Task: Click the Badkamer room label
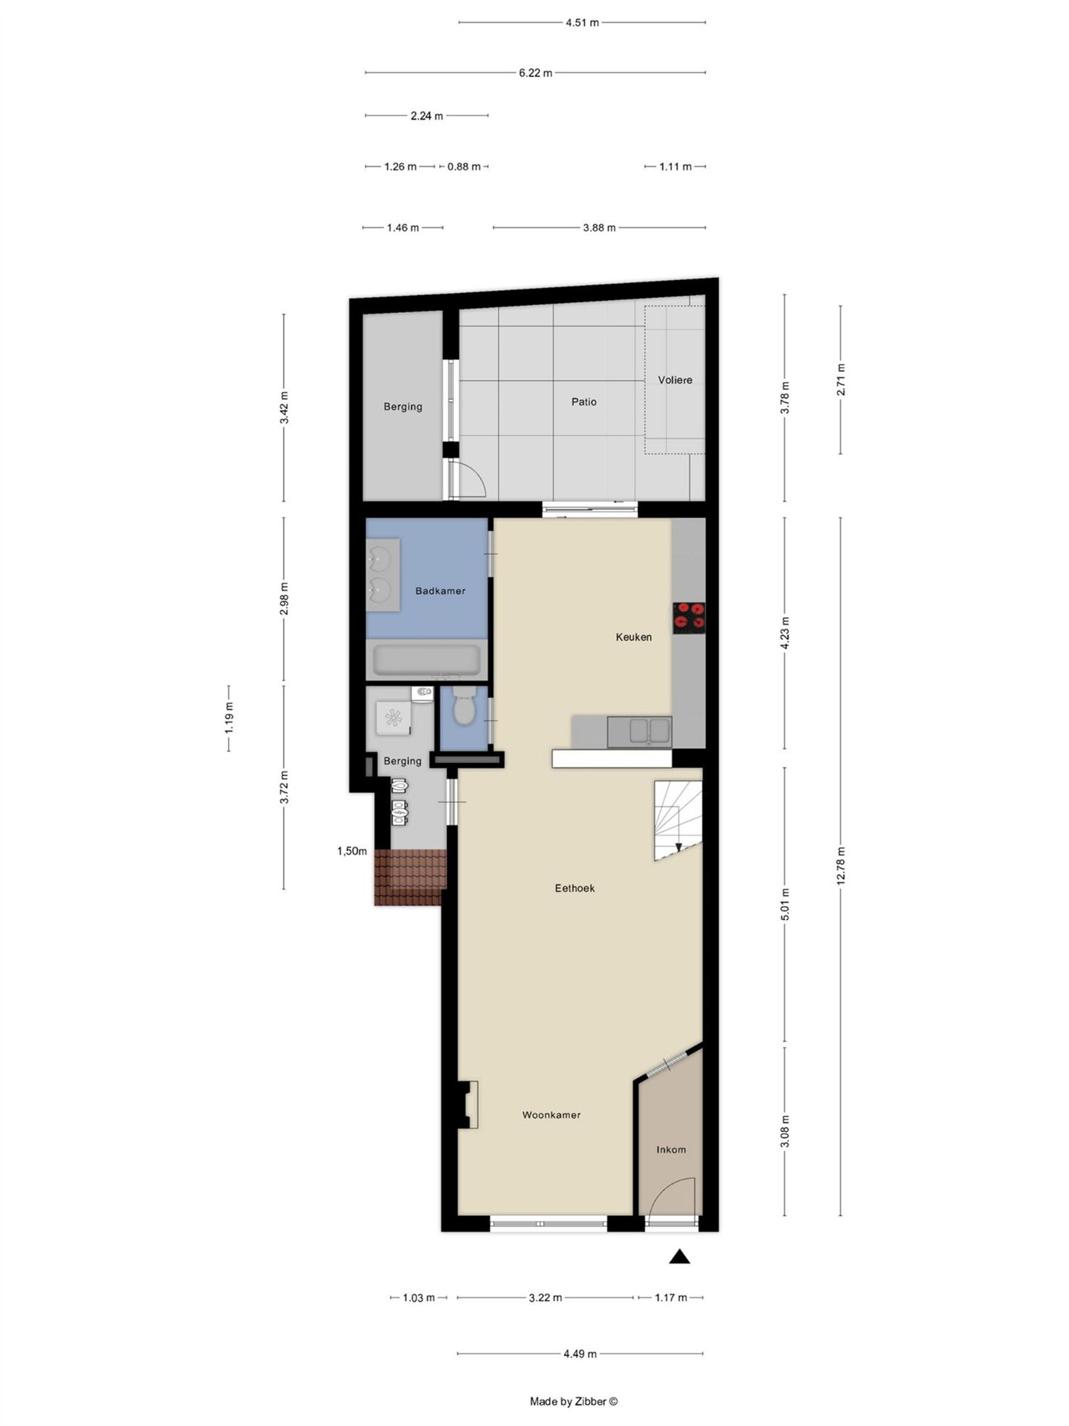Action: point(440,591)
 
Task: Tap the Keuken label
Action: point(633,637)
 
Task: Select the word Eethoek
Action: point(575,888)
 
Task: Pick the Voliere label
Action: point(675,380)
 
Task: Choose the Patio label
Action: point(583,402)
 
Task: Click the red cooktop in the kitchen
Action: point(689,618)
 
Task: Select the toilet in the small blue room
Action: point(463,708)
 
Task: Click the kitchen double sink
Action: point(639,731)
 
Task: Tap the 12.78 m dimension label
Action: point(841,866)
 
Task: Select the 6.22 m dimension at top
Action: point(535,72)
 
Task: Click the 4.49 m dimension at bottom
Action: point(579,1354)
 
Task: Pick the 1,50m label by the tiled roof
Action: point(352,851)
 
